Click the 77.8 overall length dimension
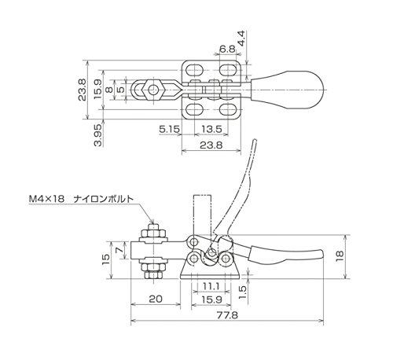[227, 315]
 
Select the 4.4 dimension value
[241, 39]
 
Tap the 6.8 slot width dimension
[227, 49]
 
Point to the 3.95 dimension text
[97, 135]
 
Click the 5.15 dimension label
[170, 129]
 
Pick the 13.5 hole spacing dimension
[211, 129]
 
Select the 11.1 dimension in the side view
[211, 286]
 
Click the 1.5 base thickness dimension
[243, 292]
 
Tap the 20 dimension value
[156, 299]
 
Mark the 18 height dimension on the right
[339, 257]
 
